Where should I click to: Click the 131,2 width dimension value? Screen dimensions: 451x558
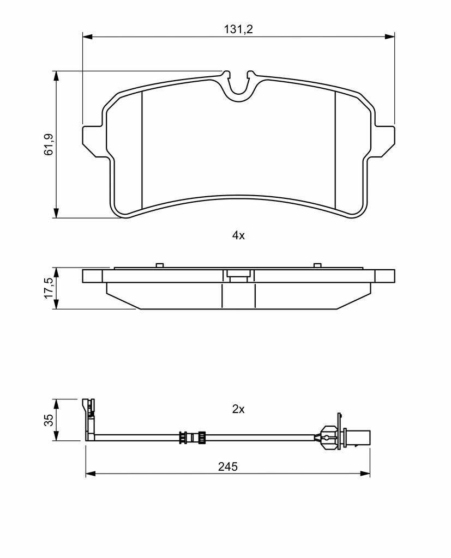click(x=238, y=29)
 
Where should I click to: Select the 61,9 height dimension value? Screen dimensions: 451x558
click(x=49, y=144)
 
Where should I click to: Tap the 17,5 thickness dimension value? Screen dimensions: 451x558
click(x=49, y=288)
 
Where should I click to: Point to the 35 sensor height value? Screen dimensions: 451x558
click(x=49, y=420)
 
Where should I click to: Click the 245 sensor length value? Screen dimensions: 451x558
click(x=228, y=466)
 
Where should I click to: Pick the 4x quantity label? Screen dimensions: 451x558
click(x=238, y=235)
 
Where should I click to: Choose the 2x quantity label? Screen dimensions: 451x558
click(x=238, y=409)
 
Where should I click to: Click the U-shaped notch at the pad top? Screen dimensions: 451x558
click(x=239, y=87)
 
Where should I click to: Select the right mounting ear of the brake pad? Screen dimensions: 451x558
click(x=383, y=141)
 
